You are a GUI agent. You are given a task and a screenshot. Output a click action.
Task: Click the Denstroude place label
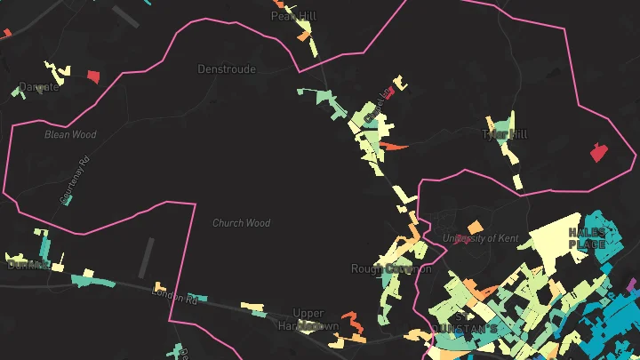227,68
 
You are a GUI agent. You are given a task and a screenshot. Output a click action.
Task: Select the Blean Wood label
70,135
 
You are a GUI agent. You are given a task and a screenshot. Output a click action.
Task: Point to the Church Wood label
241,223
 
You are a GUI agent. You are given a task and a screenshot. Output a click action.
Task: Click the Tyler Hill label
504,134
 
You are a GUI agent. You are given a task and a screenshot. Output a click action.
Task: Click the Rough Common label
390,268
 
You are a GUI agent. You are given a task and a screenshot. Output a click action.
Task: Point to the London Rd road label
175,297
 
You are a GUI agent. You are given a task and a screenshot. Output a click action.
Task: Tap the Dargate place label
38,86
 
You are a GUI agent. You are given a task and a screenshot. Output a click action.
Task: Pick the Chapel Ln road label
385,100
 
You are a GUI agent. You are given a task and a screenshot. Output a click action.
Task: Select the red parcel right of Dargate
92,76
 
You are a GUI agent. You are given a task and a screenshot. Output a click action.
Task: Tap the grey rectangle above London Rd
147,257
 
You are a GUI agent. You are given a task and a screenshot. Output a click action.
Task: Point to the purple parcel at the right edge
634,286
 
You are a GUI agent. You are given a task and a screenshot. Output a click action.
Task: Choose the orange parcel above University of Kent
476,226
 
